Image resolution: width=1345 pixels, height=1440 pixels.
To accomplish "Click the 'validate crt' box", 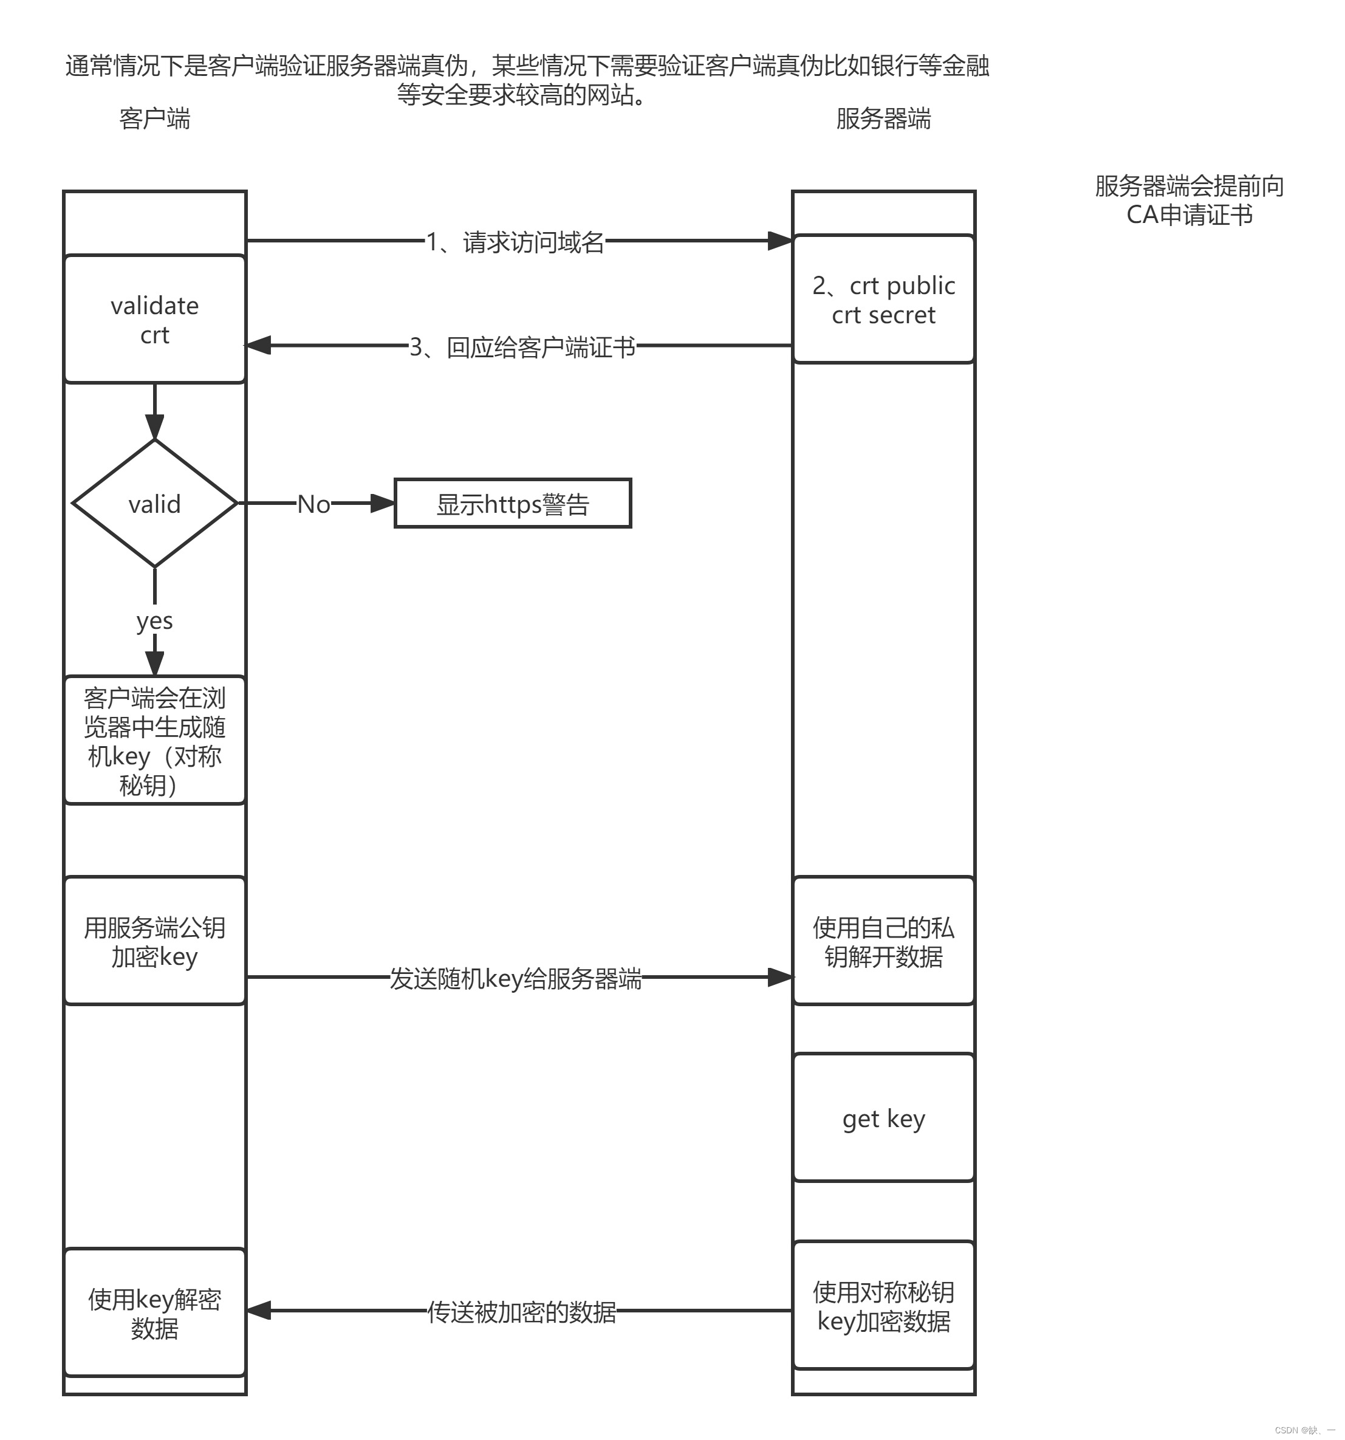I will click(154, 320).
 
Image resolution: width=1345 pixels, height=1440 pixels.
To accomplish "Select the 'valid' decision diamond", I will click(154, 504).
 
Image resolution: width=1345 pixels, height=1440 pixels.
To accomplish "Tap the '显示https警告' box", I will click(512, 504).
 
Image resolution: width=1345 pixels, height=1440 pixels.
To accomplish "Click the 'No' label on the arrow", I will click(313, 504).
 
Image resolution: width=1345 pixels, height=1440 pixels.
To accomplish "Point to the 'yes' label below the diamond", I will click(154, 621).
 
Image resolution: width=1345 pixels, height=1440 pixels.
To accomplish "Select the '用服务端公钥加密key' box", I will click(154, 941).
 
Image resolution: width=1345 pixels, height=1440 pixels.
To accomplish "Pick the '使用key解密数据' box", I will click(154, 1313).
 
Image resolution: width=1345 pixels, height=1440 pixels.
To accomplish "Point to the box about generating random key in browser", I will click(154, 740).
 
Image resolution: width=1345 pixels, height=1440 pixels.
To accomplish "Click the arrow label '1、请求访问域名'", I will click(515, 242).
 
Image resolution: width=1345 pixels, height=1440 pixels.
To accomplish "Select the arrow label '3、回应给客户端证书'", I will click(522, 347).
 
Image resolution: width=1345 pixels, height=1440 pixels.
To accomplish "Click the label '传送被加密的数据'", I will click(521, 1312).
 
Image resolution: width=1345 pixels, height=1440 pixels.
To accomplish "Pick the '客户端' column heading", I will click(154, 118).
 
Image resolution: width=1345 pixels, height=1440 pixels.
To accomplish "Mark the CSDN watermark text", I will click(1304, 1430).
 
